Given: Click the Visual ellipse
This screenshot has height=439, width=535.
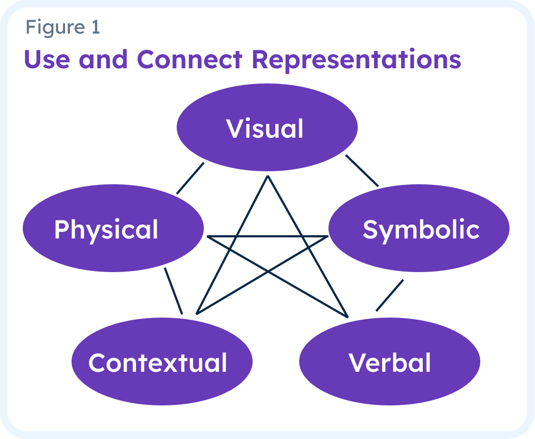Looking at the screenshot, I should click(267, 128).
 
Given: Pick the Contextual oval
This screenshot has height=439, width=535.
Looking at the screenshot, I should click(162, 362).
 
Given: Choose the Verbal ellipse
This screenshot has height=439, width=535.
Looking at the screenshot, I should click(389, 362).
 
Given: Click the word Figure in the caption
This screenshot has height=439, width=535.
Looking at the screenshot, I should click(54, 27).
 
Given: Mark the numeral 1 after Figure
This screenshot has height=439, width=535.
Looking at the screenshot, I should click(95, 27).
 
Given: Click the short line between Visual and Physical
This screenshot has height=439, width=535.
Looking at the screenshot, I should click(190, 178).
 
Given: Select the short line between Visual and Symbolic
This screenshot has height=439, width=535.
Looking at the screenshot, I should click(362, 171).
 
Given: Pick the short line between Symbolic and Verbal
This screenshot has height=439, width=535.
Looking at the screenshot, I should click(390, 295).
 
